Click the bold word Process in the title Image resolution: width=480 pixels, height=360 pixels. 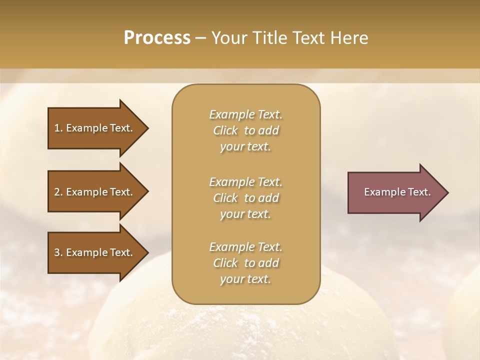(x=157, y=38)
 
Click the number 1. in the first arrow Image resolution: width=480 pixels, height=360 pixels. (x=58, y=128)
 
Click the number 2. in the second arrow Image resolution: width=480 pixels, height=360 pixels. (x=58, y=192)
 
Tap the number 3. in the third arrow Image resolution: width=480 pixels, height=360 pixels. (x=58, y=252)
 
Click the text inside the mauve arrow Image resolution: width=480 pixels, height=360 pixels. (x=397, y=192)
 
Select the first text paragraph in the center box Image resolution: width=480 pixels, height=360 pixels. (x=245, y=130)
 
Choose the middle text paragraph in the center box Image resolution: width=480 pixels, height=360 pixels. (x=245, y=198)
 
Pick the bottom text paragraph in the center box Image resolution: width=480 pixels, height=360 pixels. (x=245, y=263)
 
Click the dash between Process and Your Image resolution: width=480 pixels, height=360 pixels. (x=200, y=38)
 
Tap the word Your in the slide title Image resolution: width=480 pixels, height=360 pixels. (x=230, y=38)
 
